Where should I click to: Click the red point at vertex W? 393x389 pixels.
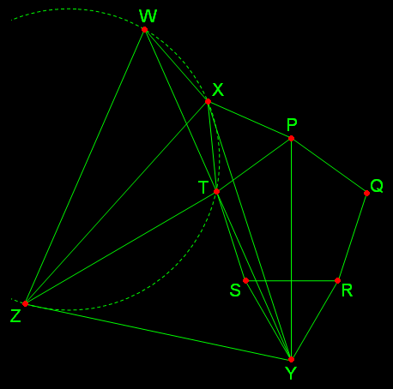click(x=144, y=30)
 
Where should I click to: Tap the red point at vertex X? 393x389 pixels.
click(x=208, y=101)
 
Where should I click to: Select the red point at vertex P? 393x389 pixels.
click(x=291, y=139)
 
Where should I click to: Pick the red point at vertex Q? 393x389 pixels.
click(x=366, y=194)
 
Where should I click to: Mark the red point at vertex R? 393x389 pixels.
click(x=337, y=281)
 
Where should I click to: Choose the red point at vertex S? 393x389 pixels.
click(x=245, y=281)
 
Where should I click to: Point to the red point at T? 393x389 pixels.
click(x=216, y=191)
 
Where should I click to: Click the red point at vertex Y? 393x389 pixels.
click(x=291, y=359)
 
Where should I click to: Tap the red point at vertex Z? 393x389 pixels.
click(x=25, y=303)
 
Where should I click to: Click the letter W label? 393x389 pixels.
click(x=148, y=16)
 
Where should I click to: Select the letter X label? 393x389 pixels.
click(x=218, y=90)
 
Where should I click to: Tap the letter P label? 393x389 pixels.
click(x=292, y=125)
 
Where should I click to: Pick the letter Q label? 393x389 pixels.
click(x=377, y=186)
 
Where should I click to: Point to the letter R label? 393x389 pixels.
click(x=348, y=290)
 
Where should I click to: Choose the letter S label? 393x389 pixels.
click(x=235, y=290)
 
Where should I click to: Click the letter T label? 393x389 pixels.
click(x=203, y=188)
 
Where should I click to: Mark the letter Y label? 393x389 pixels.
click(x=291, y=374)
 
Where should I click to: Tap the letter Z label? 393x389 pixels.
click(x=15, y=316)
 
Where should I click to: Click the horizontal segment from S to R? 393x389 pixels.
click(x=292, y=281)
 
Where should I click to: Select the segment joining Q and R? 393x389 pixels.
click(x=352, y=237)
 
